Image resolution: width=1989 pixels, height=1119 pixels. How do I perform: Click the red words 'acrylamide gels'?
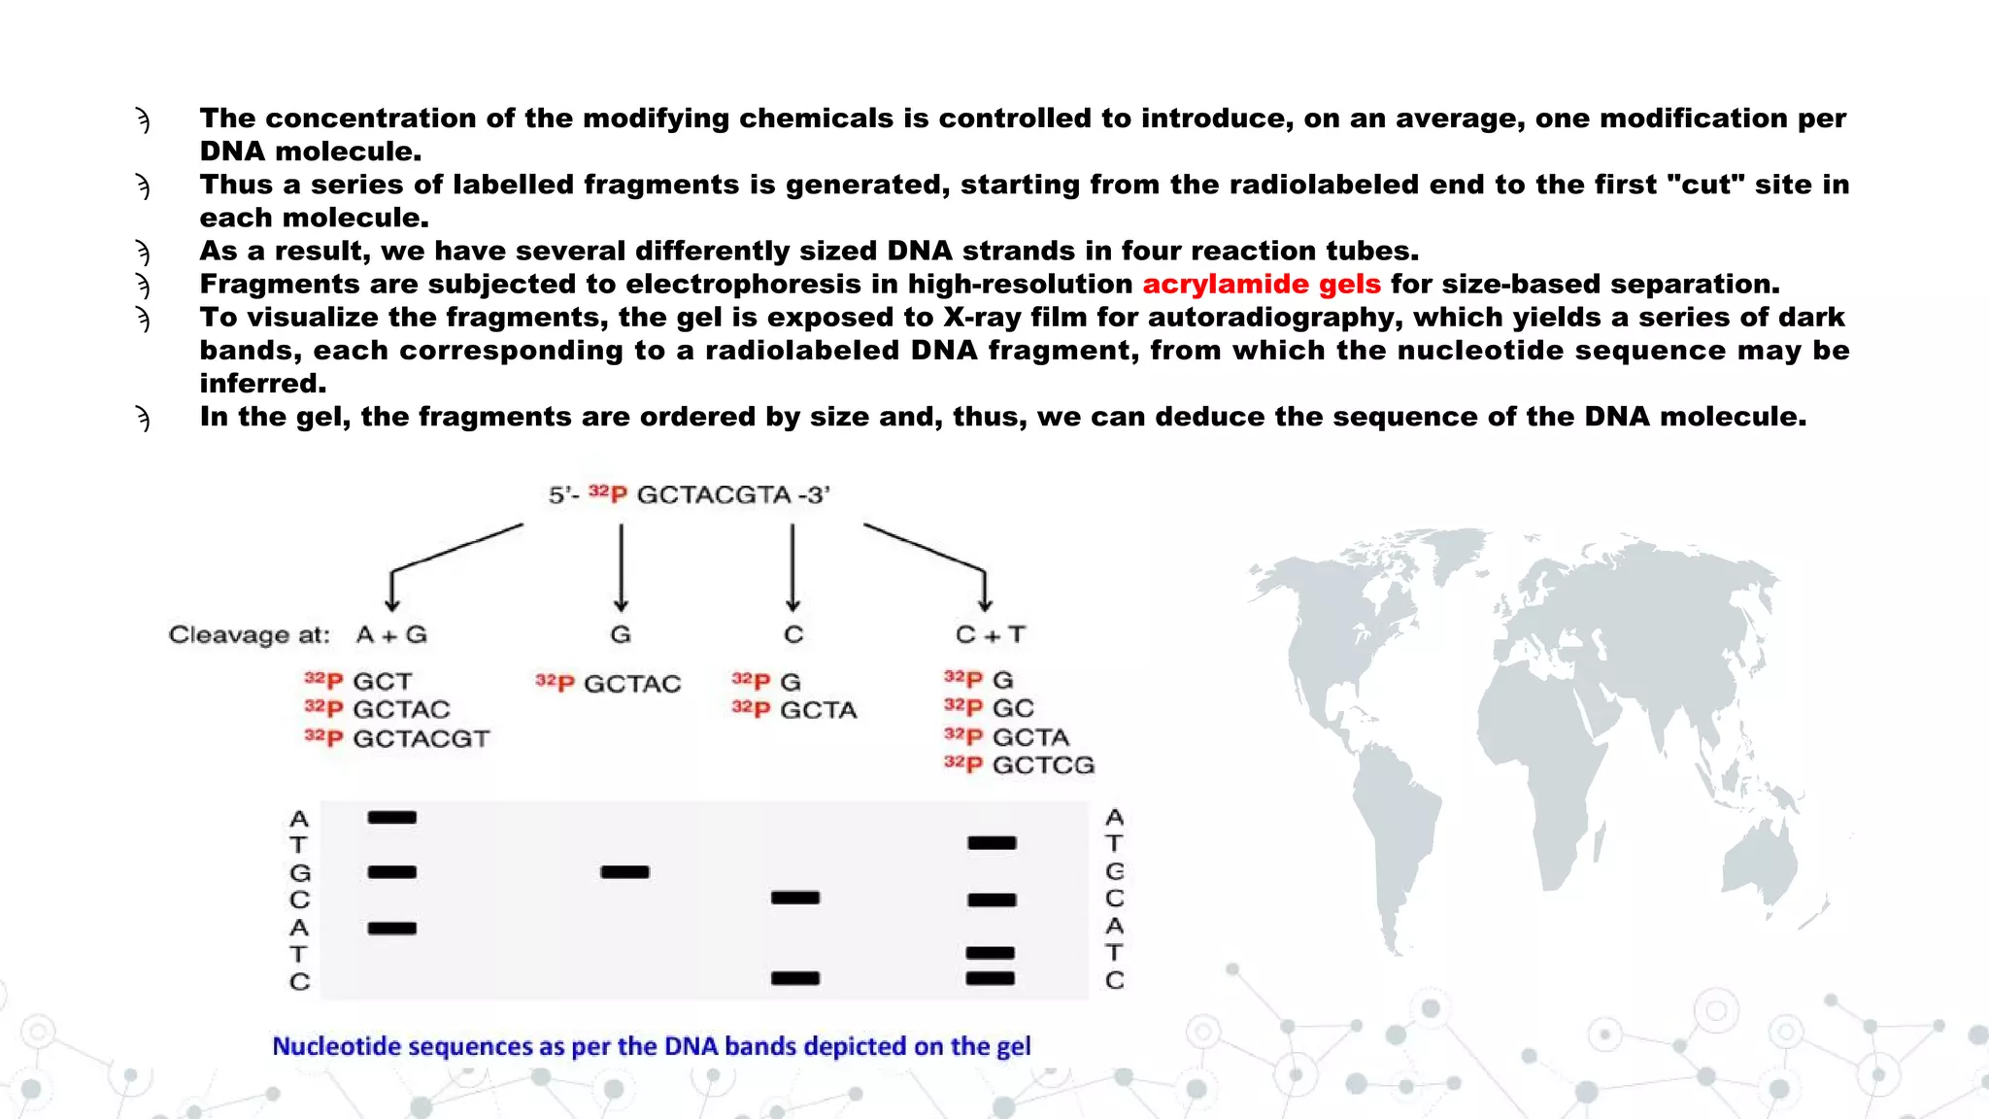coord(1261,285)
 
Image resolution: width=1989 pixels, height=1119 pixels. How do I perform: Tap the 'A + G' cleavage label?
coord(391,635)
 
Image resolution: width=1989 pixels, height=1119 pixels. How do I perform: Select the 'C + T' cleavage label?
coord(990,635)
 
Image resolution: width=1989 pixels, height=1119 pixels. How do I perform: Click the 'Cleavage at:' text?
coord(249,635)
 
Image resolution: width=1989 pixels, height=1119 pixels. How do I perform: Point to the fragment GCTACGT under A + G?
coord(420,739)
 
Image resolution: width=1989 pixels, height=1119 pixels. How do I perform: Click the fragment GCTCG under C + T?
coord(1042,765)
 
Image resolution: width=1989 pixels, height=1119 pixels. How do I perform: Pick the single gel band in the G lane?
coord(624,872)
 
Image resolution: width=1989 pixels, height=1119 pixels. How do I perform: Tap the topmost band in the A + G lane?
coord(391,818)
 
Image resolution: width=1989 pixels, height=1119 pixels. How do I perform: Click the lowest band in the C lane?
coord(794,978)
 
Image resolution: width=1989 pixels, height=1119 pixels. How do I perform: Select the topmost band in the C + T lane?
coord(992,843)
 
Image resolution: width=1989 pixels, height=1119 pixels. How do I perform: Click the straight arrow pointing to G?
coord(621,568)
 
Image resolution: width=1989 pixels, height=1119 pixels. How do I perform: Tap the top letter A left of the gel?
coord(299,819)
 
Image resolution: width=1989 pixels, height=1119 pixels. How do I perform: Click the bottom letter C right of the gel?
coord(1114,981)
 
